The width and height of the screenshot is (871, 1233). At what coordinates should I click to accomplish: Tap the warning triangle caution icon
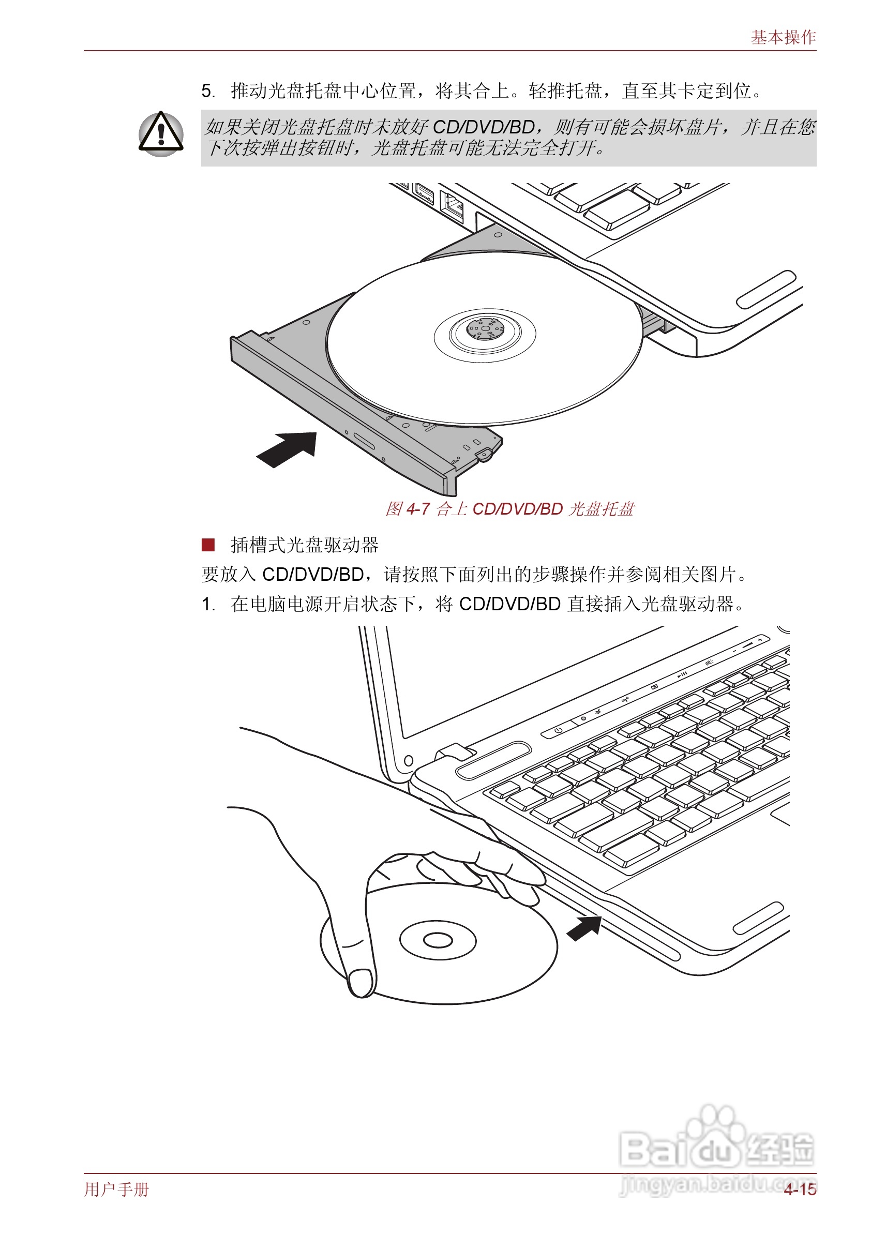click(x=160, y=134)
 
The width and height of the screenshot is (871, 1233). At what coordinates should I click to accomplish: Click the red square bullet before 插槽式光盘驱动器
click(x=208, y=545)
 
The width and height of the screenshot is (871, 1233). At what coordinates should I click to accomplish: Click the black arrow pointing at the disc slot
click(x=584, y=928)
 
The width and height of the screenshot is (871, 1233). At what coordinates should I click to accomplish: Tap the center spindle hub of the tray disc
click(x=485, y=328)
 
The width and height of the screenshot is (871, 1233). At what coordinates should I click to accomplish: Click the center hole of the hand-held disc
click(x=438, y=940)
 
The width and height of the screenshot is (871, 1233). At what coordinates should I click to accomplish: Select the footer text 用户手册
click(x=116, y=1189)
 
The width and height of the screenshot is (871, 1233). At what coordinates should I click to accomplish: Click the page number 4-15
click(x=800, y=1189)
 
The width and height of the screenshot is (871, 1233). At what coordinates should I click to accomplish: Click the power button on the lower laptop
click(x=559, y=730)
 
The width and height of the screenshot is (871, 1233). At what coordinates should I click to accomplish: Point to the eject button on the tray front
click(x=364, y=442)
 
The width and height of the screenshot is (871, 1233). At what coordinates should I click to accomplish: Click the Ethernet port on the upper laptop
click(x=452, y=205)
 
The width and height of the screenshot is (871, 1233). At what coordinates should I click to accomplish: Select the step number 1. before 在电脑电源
click(x=208, y=604)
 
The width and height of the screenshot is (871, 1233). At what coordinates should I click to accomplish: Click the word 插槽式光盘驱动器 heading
click(x=305, y=545)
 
